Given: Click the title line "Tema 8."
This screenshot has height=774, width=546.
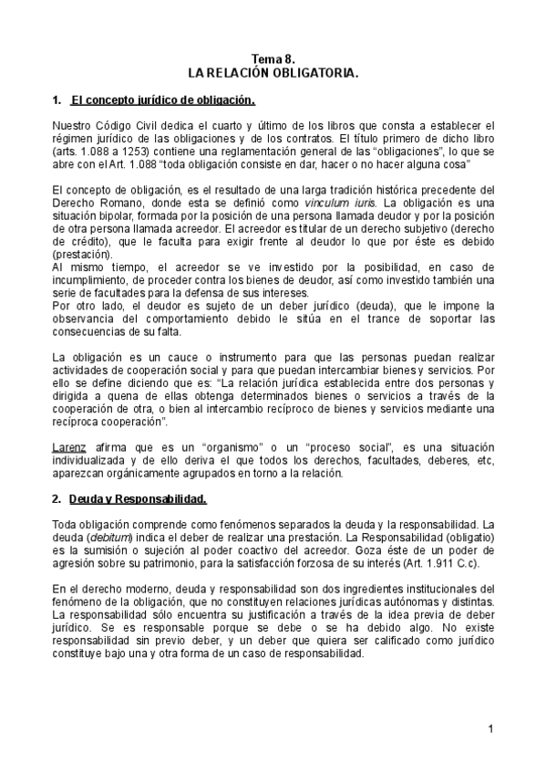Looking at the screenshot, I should pos(273,58).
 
